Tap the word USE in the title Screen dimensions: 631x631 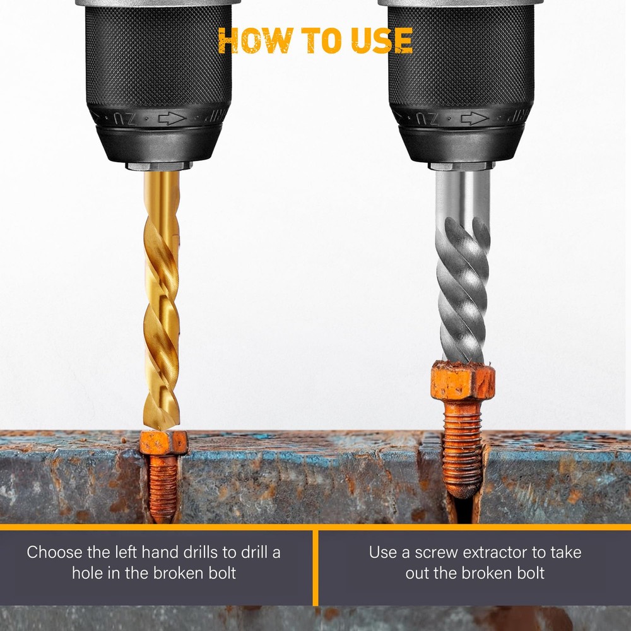coord(382,40)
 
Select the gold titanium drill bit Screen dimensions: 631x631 coord(162,300)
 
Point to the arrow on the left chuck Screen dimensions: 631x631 coord(172,119)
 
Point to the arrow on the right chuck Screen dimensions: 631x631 coord(475,119)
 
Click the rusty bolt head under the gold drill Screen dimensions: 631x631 coord(164,443)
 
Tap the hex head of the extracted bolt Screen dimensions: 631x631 coord(463,380)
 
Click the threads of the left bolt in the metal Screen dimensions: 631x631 coord(163,488)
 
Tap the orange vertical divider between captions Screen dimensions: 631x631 coord(315,568)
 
